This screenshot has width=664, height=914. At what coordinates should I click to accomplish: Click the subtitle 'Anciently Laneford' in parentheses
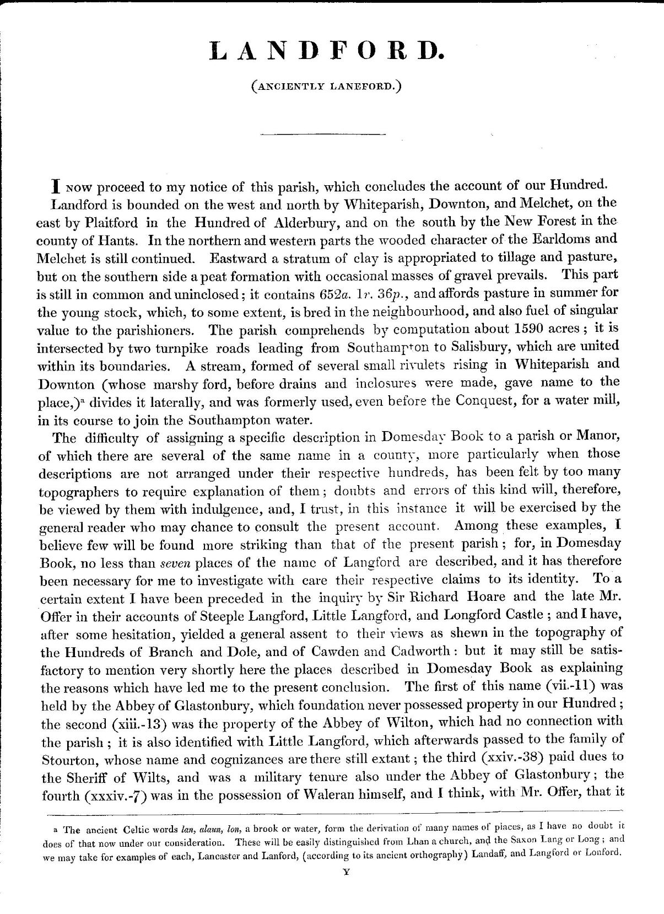coord(325,86)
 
